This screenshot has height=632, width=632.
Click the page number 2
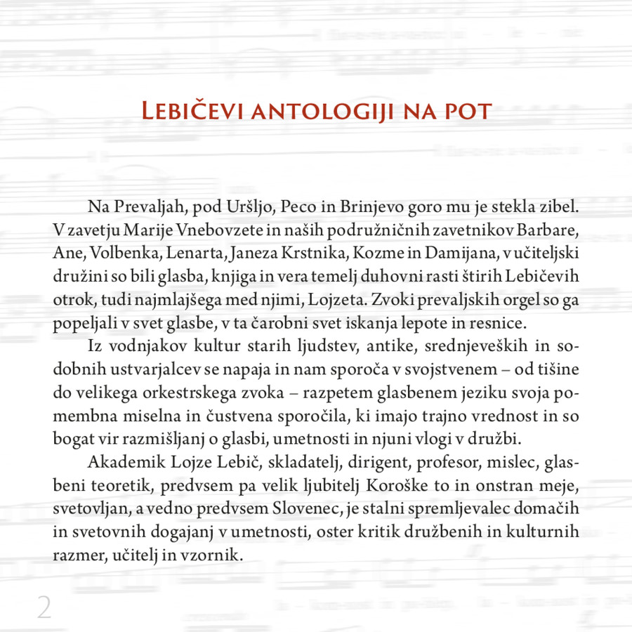(x=44, y=607)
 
